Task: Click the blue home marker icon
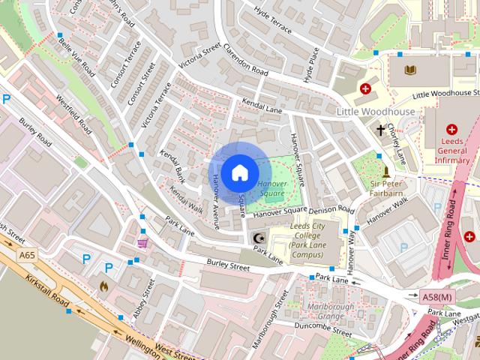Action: coord(238,172)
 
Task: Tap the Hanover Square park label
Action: coord(271,189)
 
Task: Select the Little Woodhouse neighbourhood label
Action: coord(375,112)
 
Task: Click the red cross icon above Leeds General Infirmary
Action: coord(451,129)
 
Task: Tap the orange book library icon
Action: coord(409,70)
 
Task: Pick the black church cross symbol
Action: coord(381,129)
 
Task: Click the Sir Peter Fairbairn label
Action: coord(387,188)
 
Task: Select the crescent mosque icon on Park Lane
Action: coord(259,238)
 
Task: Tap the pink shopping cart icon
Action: coord(142,242)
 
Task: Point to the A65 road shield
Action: coord(28,256)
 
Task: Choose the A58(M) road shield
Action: coord(437,296)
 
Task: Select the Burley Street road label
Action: coord(228,265)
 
